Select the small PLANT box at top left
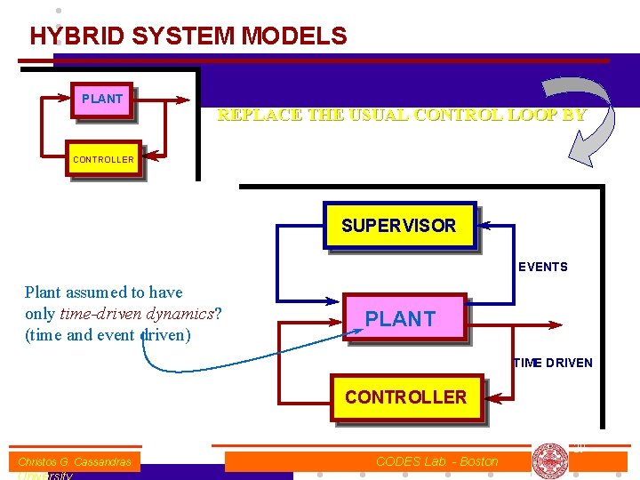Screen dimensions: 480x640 point(102,100)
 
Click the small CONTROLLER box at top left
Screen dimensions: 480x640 point(104,160)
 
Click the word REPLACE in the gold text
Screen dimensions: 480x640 point(258,115)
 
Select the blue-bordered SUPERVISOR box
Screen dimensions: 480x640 point(399,226)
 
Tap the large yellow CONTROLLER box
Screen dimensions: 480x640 point(405,396)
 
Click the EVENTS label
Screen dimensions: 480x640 point(542,267)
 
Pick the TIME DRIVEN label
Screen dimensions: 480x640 point(553,363)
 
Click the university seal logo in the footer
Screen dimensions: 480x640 point(550,460)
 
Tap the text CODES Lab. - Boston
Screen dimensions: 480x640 point(436,461)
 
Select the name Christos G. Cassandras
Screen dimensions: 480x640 point(75,461)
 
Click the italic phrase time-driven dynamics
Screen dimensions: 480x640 point(137,314)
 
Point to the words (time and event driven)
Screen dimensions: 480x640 point(108,335)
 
